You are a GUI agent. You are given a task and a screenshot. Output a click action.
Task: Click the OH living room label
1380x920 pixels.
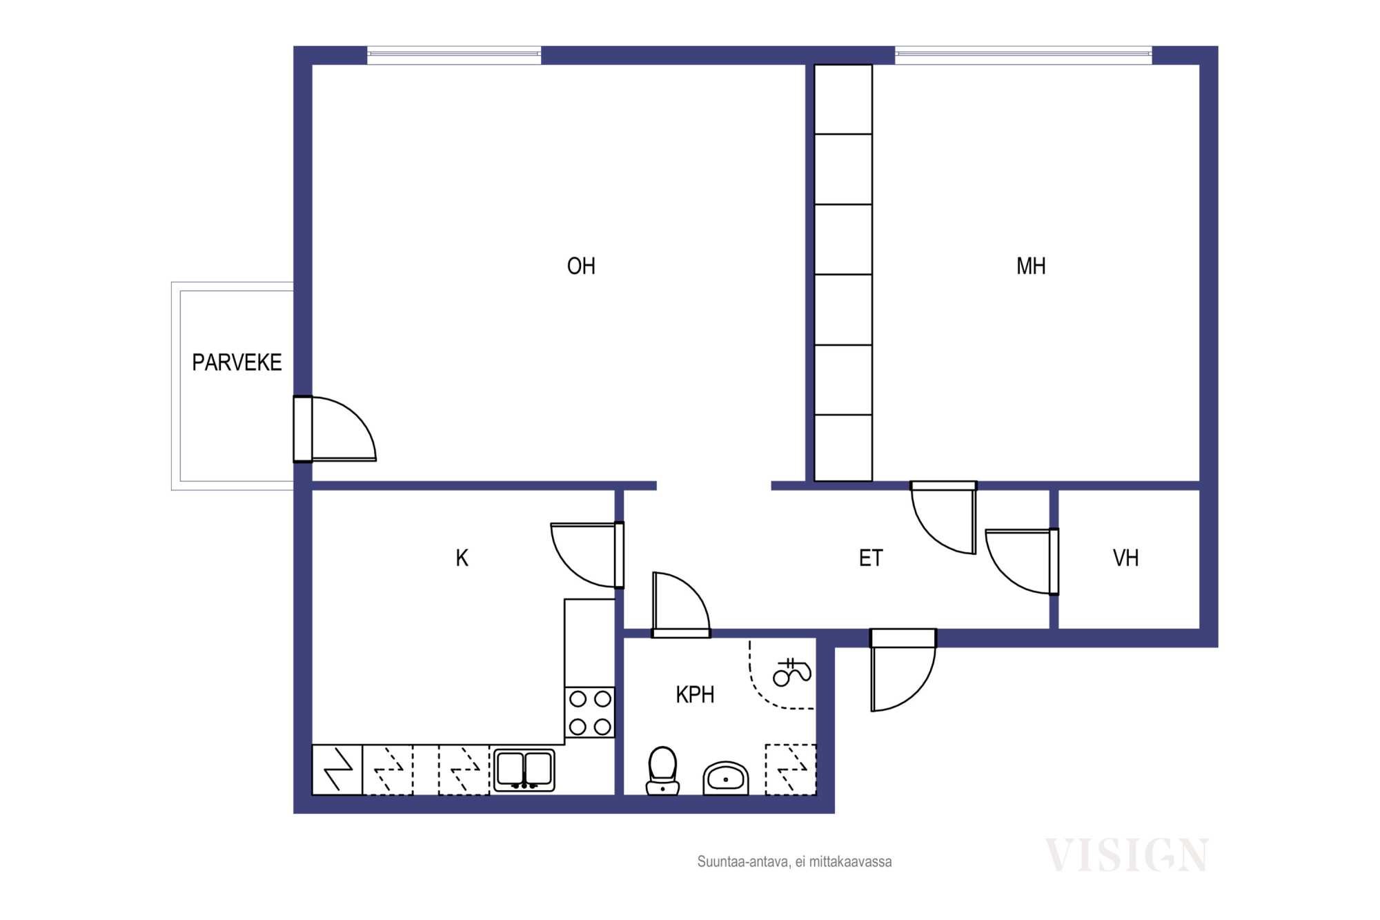(x=581, y=266)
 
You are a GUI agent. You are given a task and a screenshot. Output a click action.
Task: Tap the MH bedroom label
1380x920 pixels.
(x=1031, y=266)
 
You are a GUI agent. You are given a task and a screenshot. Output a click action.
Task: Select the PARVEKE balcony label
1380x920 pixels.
(x=237, y=362)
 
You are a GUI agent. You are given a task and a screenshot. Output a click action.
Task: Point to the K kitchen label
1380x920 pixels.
(x=462, y=558)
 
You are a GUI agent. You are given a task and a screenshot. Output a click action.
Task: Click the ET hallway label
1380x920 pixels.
(x=871, y=558)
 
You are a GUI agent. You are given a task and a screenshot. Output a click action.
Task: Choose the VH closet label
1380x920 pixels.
(x=1125, y=558)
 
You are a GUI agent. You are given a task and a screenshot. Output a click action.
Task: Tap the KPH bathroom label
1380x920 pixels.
(x=695, y=694)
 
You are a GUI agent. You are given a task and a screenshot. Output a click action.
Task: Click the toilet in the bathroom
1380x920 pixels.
(x=662, y=770)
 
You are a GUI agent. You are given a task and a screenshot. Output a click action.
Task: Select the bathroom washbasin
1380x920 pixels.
(x=725, y=779)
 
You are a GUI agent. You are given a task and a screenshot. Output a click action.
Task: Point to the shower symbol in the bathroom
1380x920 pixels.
(x=791, y=672)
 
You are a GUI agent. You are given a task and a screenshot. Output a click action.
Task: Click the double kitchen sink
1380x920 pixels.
(x=524, y=770)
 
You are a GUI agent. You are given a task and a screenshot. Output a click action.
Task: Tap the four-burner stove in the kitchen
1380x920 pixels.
(x=590, y=712)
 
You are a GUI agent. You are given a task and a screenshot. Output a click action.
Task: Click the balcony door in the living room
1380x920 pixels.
(x=335, y=429)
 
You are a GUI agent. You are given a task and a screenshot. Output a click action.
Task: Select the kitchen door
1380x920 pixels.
(x=587, y=555)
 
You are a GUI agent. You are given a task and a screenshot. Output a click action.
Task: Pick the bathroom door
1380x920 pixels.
(x=681, y=605)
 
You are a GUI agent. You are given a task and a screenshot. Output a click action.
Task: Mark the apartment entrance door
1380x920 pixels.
(x=903, y=669)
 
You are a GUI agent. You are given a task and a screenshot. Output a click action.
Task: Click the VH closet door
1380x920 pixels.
(x=1022, y=561)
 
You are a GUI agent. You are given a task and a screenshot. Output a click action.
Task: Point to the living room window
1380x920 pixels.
(x=454, y=55)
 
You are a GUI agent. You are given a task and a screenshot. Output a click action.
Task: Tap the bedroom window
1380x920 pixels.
(x=1023, y=55)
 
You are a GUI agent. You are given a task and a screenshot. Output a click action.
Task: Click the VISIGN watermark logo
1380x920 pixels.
(x=1126, y=855)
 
